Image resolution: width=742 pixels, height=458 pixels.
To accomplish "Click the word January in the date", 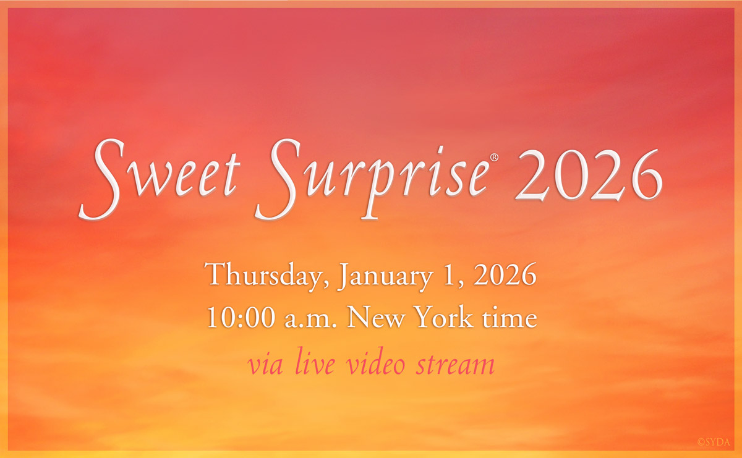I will coord(384,276).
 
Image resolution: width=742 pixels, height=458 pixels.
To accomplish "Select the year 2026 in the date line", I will coord(504,275).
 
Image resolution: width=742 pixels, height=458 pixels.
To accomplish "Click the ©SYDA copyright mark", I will coord(716,442).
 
